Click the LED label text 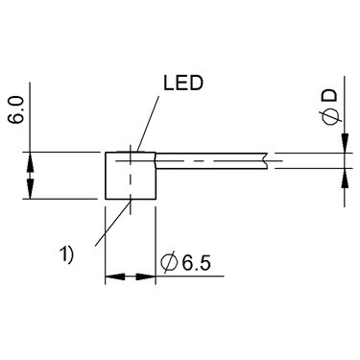point(183,84)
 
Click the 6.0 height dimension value point(16,110)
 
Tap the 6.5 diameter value point(197,263)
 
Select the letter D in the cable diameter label point(330,95)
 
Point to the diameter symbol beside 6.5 point(170,263)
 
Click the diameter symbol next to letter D point(330,116)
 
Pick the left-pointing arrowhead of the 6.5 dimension point(114,276)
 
